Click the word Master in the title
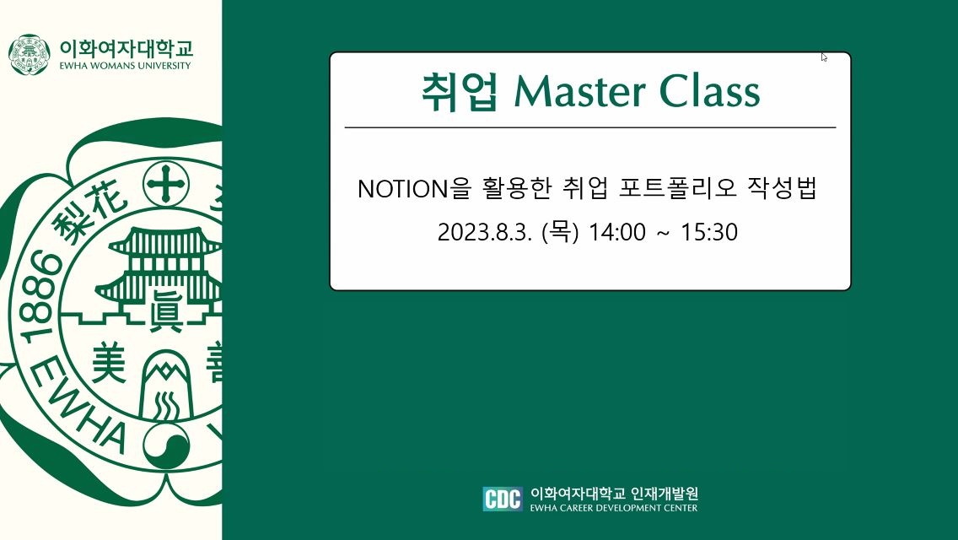(580, 92)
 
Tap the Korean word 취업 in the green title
(460, 92)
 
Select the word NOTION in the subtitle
(403, 188)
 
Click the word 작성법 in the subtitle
(783, 188)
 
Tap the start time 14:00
(616, 232)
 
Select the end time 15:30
(708, 232)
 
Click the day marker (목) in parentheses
(560, 232)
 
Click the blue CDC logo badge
(503, 499)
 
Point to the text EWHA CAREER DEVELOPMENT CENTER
(613, 508)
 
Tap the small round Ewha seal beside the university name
(30, 55)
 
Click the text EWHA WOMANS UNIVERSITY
(126, 66)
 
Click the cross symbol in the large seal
(165, 183)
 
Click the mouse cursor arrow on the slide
(824, 57)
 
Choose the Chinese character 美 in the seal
(109, 362)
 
